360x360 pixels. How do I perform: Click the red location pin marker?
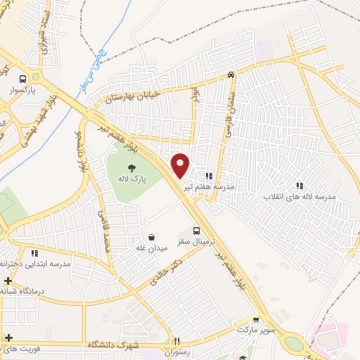(181, 165)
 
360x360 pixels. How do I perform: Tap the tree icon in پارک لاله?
(131, 167)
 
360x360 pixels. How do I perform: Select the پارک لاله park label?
(131, 180)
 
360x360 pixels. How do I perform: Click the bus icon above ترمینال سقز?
(197, 231)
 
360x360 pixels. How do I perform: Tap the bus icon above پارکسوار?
(23, 79)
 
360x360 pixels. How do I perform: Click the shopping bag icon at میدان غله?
(151, 237)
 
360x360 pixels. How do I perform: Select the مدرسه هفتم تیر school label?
(209, 188)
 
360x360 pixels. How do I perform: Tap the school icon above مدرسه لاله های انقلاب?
(299, 186)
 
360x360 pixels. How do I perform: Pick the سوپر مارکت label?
(254, 329)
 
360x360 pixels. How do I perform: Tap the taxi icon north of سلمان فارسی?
(231, 75)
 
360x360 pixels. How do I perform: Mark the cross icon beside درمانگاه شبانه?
(7, 281)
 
